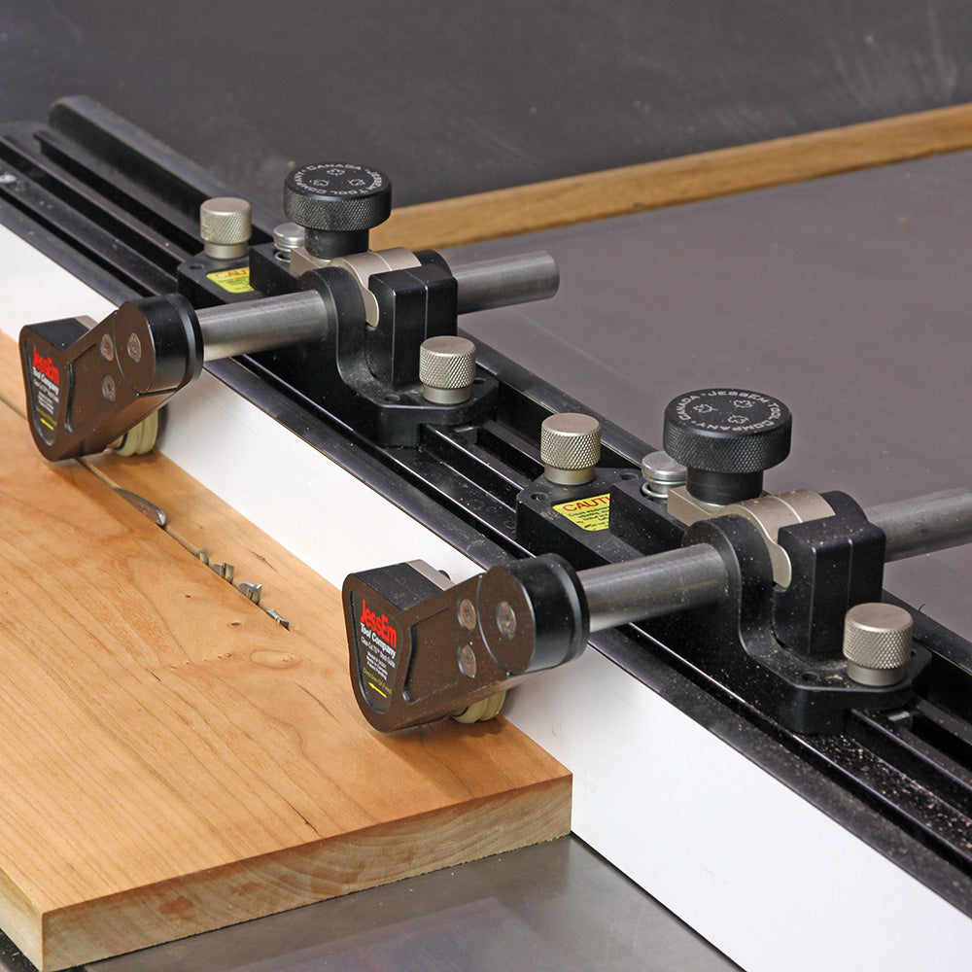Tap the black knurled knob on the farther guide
(336, 195)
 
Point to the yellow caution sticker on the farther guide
(229, 280)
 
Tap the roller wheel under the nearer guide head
(482, 708)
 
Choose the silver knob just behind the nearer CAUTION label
(570, 446)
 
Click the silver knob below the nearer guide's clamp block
(877, 642)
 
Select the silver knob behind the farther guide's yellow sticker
(225, 226)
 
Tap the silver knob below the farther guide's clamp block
(447, 367)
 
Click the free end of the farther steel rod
(544, 276)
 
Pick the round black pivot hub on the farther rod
(165, 340)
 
